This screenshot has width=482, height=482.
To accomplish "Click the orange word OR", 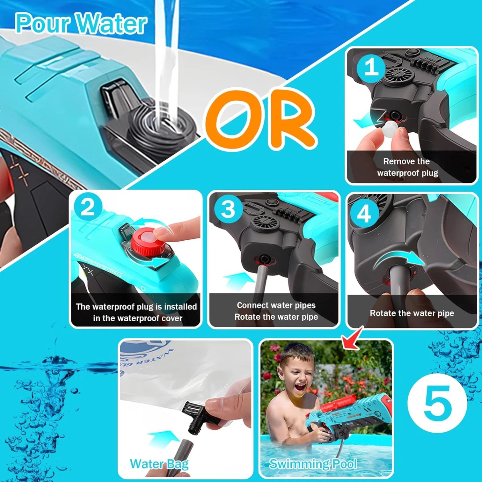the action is pyautogui.click(x=260, y=120).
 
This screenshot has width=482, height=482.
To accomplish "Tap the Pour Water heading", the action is pyautogui.click(x=81, y=23).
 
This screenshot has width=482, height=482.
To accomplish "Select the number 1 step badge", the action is pyautogui.click(x=371, y=67).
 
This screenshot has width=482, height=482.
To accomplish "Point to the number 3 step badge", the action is pyautogui.click(x=228, y=209).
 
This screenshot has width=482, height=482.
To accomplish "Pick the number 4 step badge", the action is pyautogui.click(x=364, y=213).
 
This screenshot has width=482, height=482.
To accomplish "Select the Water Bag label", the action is pyautogui.click(x=159, y=464).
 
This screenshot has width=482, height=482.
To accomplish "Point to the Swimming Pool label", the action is pyautogui.click(x=313, y=464).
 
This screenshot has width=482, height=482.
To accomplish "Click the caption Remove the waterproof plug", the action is pyautogui.click(x=407, y=167).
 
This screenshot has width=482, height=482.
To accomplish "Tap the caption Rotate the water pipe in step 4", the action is pyautogui.click(x=412, y=313).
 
